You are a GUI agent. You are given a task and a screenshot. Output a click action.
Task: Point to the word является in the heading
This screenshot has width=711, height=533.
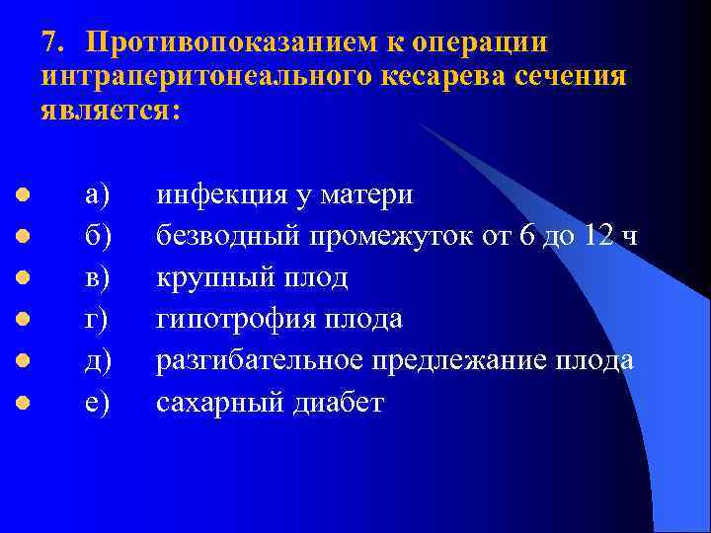108,109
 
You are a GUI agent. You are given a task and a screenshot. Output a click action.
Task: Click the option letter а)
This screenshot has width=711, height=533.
99,194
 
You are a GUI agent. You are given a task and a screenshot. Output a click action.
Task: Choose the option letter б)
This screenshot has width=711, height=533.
99,236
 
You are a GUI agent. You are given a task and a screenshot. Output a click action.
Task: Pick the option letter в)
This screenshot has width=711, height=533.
99,278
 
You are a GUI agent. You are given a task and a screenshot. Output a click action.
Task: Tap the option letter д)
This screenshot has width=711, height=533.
99,361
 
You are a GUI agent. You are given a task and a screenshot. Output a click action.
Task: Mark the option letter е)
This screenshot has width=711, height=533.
99,403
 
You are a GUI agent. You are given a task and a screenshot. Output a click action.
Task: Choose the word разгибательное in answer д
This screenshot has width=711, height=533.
262,361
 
